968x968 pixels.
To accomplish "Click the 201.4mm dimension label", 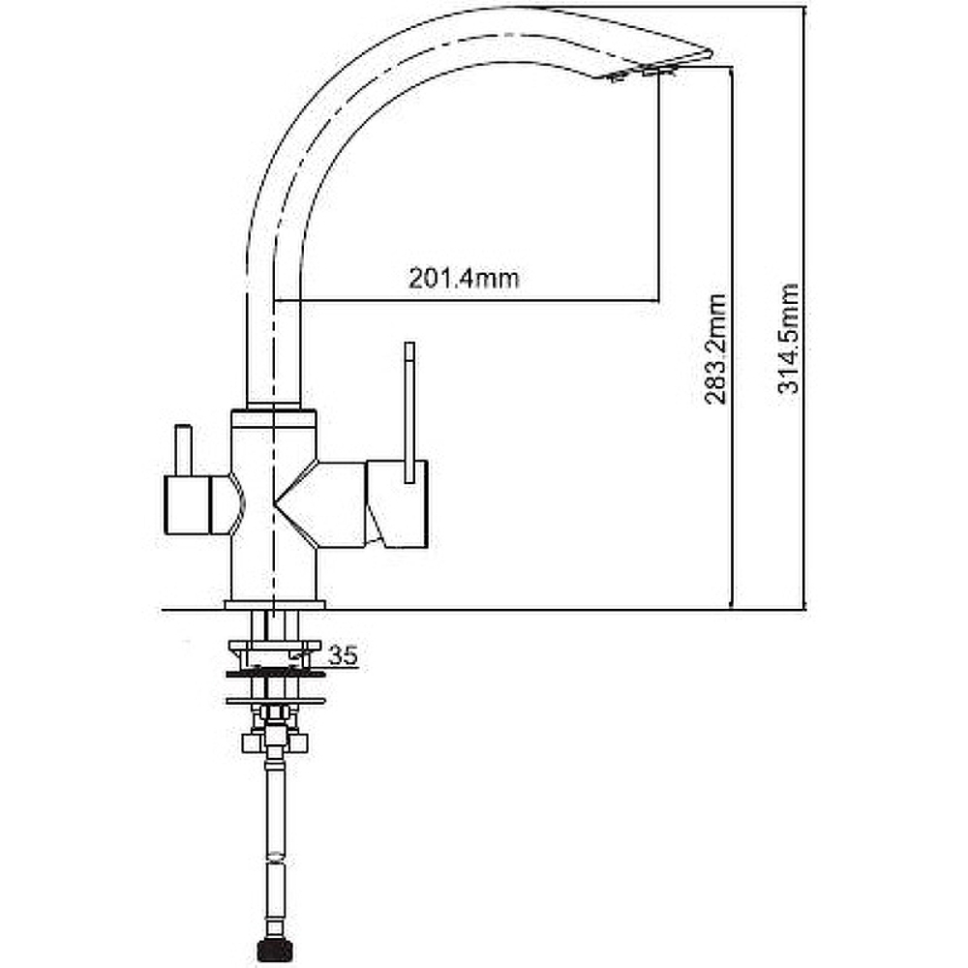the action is tap(464, 279).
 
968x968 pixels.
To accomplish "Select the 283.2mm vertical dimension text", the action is tap(716, 349).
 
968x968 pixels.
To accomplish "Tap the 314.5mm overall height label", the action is tap(788, 338).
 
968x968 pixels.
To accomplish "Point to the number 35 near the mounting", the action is tap(343, 655).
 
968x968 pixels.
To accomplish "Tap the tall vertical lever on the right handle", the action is tap(409, 412).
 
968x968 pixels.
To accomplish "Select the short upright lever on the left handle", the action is tap(183, 450).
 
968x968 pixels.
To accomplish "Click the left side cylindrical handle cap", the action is tap(188, 505).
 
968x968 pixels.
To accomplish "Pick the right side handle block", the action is tap(397, 503).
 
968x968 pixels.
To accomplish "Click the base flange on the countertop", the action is tap(274, 605).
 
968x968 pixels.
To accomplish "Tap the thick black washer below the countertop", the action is tap(275, 673).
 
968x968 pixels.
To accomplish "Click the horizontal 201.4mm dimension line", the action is tap(467, 301).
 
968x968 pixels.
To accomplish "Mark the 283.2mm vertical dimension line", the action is tap(732, 338).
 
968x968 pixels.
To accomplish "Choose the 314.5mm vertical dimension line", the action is tap(805, 308).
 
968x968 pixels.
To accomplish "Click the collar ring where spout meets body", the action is tap(274, 406).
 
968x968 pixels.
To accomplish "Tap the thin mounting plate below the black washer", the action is tap(275, 701).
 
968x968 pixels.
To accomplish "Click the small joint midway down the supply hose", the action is tap(275, 858).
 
